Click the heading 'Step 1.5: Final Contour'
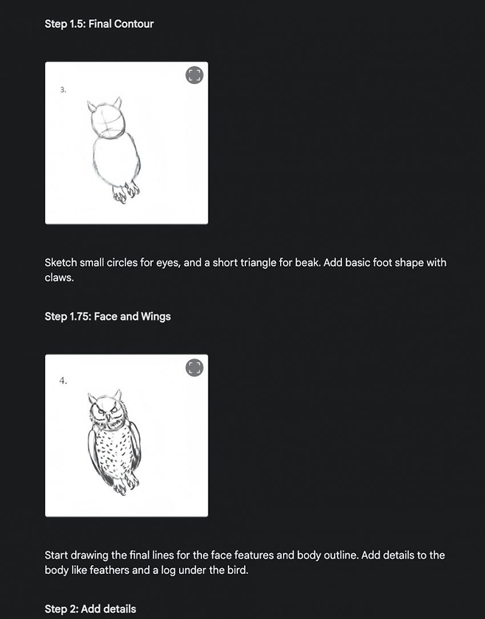coord(99,24)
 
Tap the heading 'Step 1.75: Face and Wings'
coord(108,317)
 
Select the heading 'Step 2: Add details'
coord(91,609)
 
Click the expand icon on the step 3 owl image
coord(195,75)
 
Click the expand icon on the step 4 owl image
coord(195,367)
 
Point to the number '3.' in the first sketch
coord(63,90)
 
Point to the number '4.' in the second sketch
coord(63,381)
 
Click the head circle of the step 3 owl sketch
coord(108,120)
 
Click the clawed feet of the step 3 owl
coord(126,193)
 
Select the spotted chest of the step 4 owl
coord(114,454)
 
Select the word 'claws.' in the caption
coord(59,277)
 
